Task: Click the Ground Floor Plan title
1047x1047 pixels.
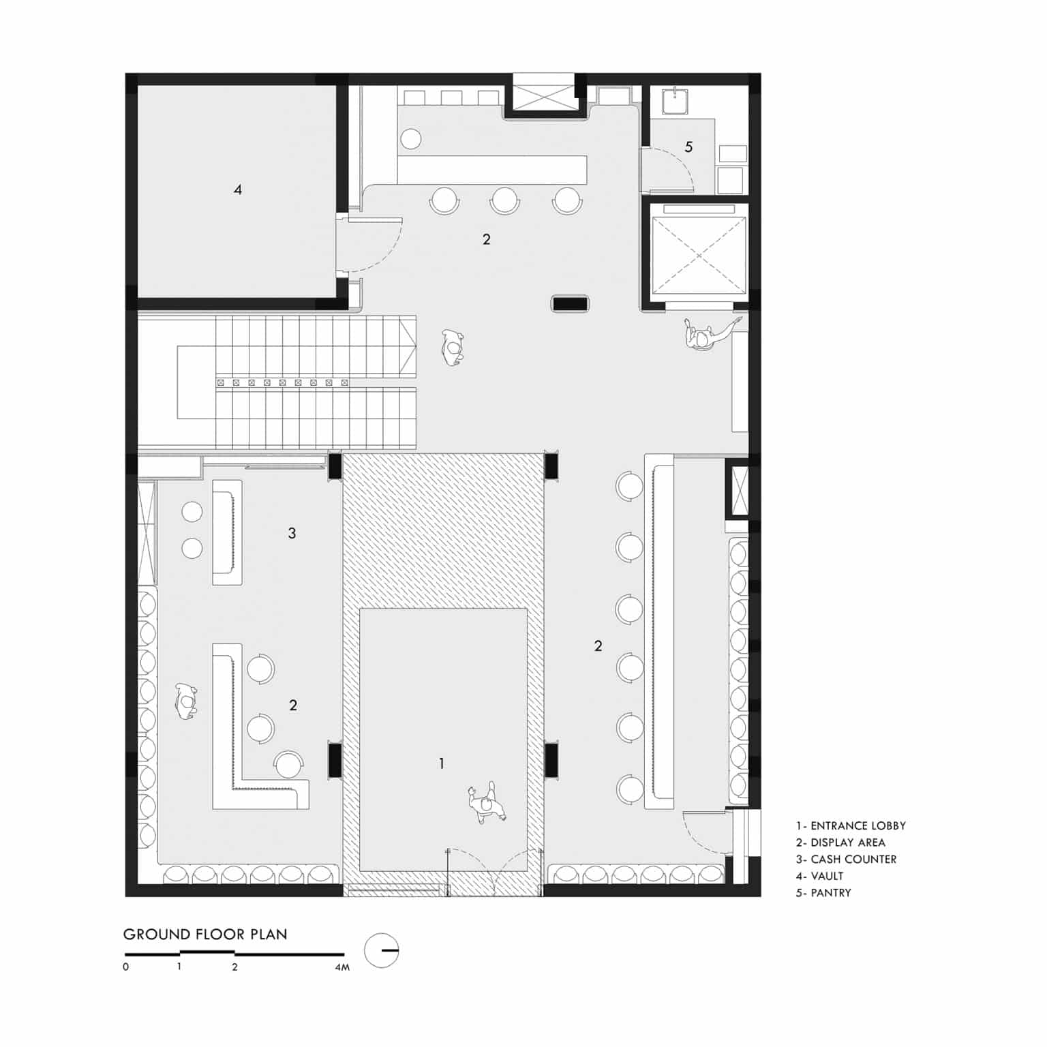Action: point(205,934)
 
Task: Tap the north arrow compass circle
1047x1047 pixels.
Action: point(382,950)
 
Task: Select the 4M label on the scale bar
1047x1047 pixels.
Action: point(342,967)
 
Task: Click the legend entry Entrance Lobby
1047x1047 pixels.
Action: point(851,825)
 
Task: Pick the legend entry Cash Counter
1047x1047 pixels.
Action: point(846,860)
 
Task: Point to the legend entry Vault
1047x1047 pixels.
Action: point(819,876)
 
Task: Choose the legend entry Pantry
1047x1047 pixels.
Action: point(823,893)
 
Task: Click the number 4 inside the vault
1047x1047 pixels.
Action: point(237,189)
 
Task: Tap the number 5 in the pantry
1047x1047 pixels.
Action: point(688,147)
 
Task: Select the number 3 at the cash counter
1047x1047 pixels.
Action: point(292,533)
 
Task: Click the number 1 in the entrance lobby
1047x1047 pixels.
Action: point(442,763)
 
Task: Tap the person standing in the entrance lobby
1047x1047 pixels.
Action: point(487,802)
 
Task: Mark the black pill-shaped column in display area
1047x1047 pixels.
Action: point(571,304)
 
